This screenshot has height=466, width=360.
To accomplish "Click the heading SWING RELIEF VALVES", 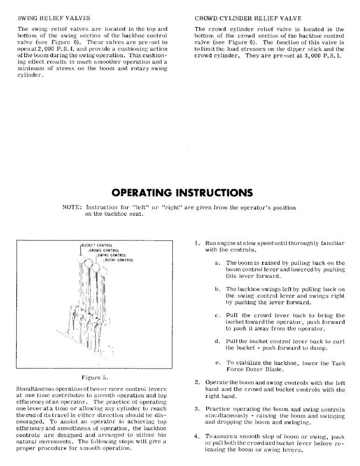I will (54, 19).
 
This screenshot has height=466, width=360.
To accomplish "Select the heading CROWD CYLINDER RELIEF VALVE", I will (248, 19).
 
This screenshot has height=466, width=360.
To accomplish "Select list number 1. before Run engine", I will (198, 243).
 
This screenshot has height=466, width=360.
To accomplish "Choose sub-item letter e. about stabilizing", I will (218, 362).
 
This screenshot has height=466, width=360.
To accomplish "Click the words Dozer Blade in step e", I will (267, 370).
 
